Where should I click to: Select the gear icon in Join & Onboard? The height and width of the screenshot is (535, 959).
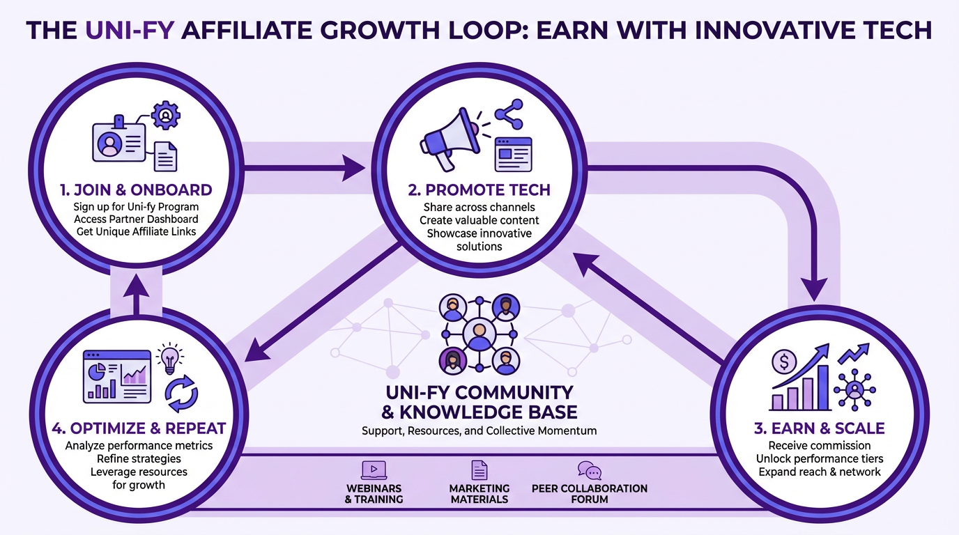coord(166,115)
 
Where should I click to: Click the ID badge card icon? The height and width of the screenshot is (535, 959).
coord(118,141)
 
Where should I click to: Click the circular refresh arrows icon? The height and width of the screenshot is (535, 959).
coord(181,393)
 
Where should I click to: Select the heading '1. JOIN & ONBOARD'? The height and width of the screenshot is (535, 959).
coord(136,190)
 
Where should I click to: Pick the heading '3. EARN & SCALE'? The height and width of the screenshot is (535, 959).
coord(819,428)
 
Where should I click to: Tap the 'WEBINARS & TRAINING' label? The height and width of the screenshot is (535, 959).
coord(374,493)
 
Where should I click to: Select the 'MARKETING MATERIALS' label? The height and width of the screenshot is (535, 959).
coord(479,493)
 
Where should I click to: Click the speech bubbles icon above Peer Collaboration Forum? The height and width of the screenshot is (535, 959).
coord(589,470)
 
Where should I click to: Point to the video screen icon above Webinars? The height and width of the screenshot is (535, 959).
coord(374,470)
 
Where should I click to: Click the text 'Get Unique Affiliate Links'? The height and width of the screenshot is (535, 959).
coord(137,231)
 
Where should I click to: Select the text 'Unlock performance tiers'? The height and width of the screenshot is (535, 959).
coord(820,459)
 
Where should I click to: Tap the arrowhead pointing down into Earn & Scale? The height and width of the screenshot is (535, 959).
coord(813,288)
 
